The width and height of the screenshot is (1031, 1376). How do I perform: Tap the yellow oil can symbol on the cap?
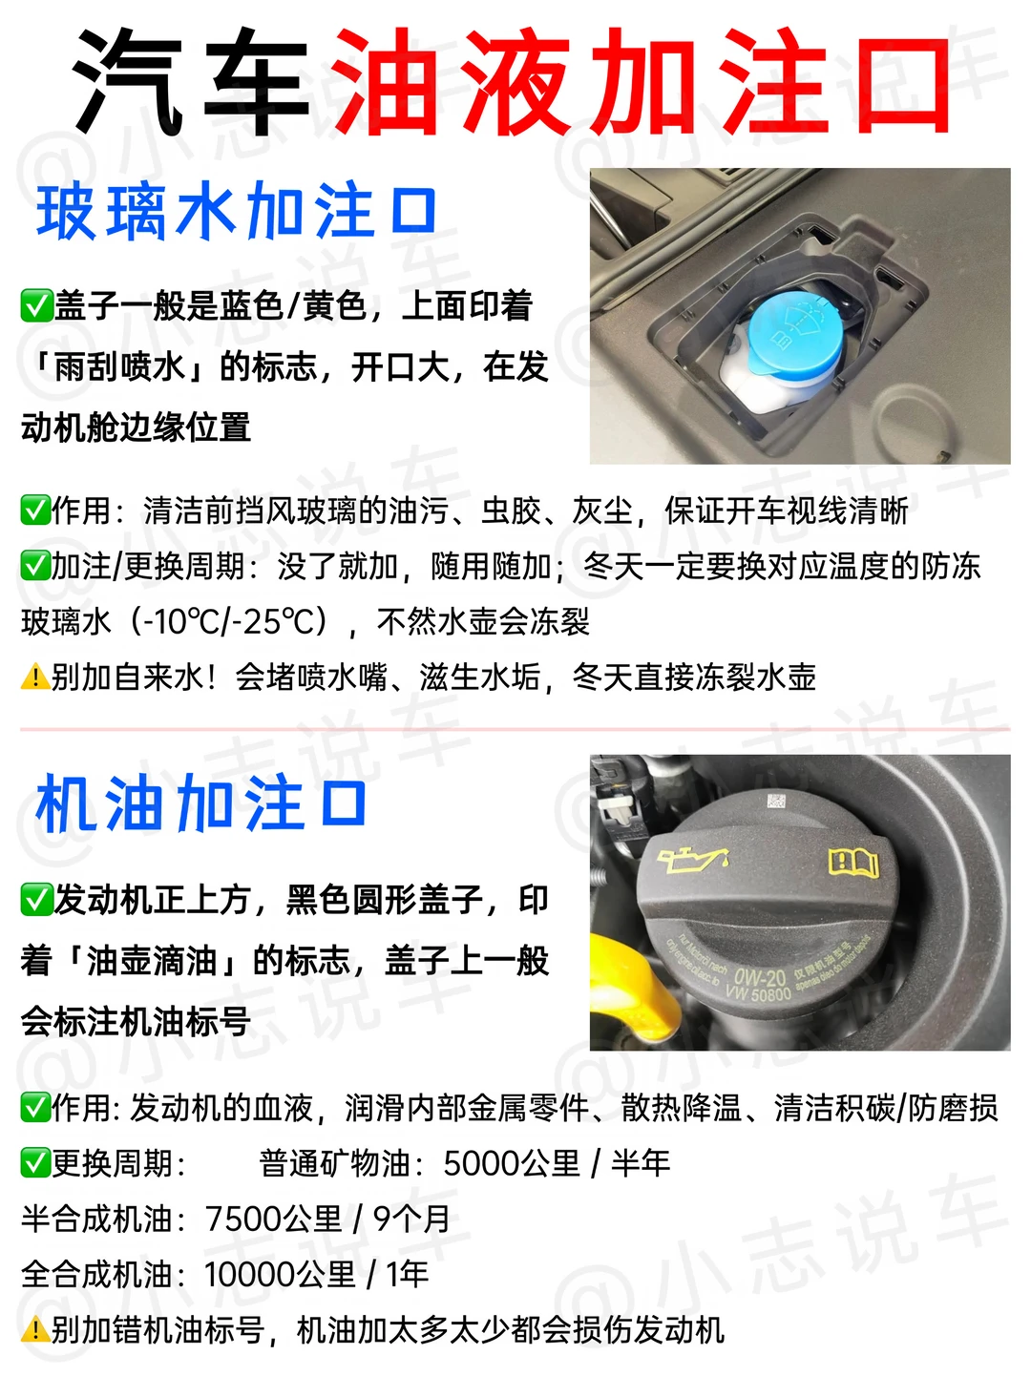pos(693,860)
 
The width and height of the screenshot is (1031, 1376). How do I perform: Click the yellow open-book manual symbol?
pos(853,863)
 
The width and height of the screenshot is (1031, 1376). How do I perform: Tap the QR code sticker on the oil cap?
pos(776,802)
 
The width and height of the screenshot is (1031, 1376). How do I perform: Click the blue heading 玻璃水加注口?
pos(236,211)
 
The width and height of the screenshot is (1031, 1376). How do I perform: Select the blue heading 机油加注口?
pos(200,803)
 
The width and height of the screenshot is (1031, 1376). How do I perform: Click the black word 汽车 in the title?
pos(191,81)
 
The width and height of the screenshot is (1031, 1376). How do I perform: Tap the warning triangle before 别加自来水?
pos(35,678)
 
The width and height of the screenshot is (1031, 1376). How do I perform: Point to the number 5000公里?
pos(512,1164)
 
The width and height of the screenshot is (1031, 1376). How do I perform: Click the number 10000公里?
pos(280,1275)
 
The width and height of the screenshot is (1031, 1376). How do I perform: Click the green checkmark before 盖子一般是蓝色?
pos(36,306)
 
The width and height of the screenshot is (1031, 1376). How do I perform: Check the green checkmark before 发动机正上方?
pos(36,900)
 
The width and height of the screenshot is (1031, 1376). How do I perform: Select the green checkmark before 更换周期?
pos(35,1164)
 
